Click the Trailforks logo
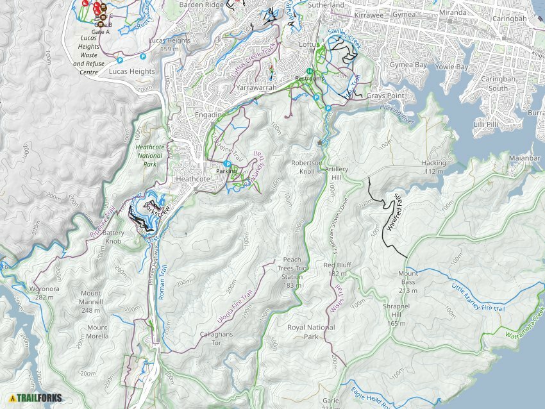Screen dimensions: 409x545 pyautogui.click(x=36, y=397)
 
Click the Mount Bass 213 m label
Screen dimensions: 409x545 pyautogui.click(x=408, y=277)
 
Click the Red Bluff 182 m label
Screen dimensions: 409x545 pyautogui.click(x=338, y=269)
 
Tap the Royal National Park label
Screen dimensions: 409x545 pyautogui.click(x=311, y=332)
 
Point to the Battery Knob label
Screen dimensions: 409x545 pyautogui.click(x=113, y=237)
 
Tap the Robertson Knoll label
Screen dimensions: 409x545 pyautogui.click(x=304, y=167)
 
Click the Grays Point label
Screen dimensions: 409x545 pyautogui.click(x=385, y=96)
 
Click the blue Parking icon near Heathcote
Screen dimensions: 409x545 pyautogui.click(x=227, y=164)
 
